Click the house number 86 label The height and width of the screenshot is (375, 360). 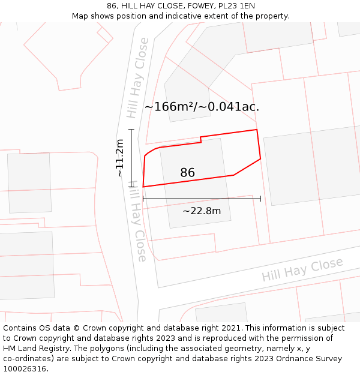(x=187, y=173)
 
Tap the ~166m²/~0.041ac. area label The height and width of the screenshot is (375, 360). (x=202, y=107)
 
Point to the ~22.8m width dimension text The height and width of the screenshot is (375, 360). (x=202, y=211)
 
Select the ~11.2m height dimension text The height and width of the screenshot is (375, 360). (x=120, y=158)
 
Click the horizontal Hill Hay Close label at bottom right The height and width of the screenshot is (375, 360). (x=302, y=269)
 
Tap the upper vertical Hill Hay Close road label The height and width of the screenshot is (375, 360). (x=137, y=78)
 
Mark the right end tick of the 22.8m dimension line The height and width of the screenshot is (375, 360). (x=260, y=199)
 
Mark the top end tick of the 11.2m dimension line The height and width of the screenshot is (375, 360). (x=131, y=130)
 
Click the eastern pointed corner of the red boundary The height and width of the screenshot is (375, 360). (x=260, y=159)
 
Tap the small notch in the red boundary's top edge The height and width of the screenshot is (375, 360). (x=200, y=140)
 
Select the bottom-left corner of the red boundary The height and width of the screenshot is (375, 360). (x=143, y=187)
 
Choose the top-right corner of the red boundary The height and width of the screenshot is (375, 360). (x=257, y=130)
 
